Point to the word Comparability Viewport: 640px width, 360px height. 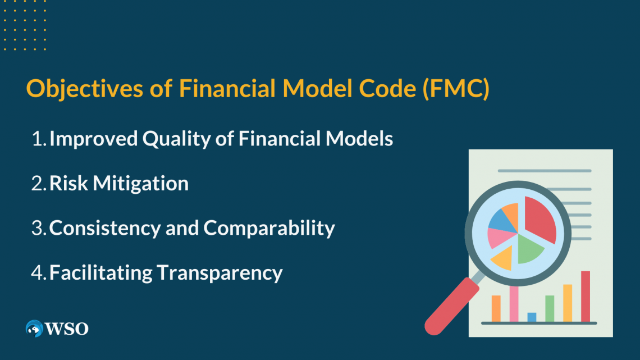coord(269,228)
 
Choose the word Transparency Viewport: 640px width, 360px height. coord(220,272)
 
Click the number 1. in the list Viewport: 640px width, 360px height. coord(39,139)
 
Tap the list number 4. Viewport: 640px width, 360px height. coord(39,272)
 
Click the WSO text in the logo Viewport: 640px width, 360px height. coord(67,329)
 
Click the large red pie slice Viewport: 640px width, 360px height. coord(539,219)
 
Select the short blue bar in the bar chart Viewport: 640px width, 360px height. coord(532,317)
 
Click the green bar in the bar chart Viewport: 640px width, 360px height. coord(550,308)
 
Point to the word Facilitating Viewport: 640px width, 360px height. coord(101,272)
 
